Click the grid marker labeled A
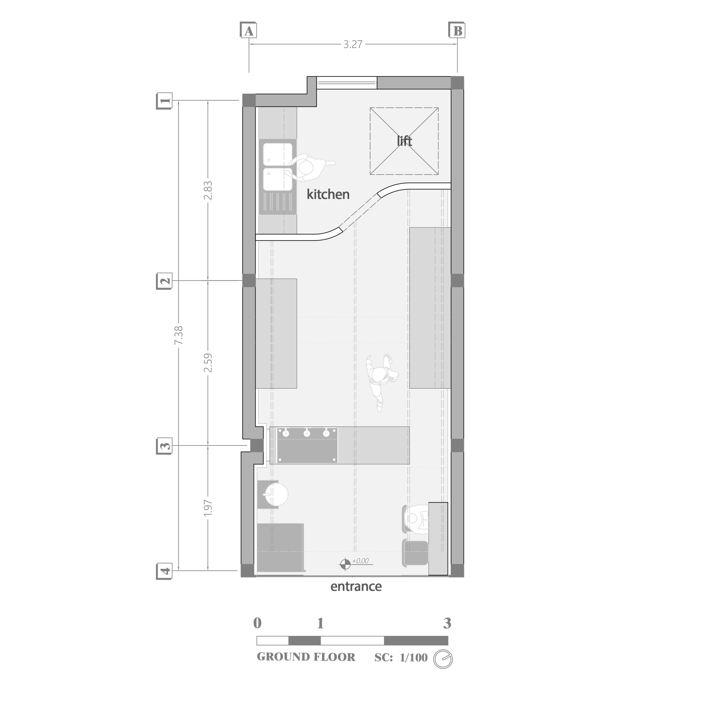(249, 30)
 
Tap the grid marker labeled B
(457, 30)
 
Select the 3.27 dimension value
(353, 44)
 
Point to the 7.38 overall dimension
(179, 336)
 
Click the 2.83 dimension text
(208, 191)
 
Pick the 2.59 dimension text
(208, 363)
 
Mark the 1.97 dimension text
(208, 508)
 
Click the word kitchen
(328, 194)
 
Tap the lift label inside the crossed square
(404, 141)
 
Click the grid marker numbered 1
(164, 101)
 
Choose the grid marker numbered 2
(164, 281)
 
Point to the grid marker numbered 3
(164, 446)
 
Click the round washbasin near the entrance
(277, 494)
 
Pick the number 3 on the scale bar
(447, 623)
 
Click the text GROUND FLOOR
(306, 657)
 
